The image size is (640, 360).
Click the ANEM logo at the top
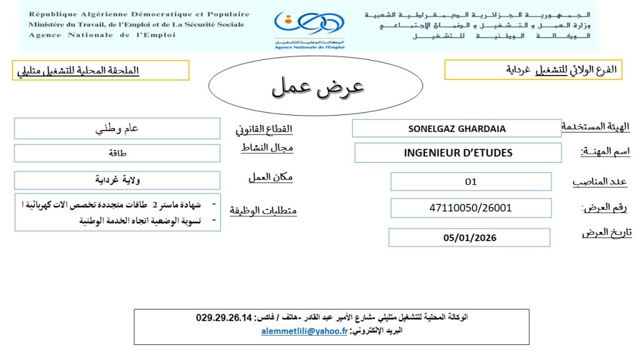coord(309,27)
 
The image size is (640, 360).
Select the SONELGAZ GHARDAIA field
coord(457,129)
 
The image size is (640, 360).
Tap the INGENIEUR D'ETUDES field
coord(458,152)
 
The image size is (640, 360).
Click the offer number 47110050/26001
coord(471,207)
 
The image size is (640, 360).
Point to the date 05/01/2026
coord(469,237)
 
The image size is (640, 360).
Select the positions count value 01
coord(471,182)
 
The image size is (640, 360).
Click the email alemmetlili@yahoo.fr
coord(304,332)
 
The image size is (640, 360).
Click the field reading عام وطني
coord(117,129)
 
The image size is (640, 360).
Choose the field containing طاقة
coord(117,152)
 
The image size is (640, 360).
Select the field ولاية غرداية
coord(117,181)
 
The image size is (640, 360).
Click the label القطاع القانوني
coord(264,130)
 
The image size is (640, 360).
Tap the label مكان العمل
coord(270,177)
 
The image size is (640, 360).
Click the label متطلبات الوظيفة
coord(262,211)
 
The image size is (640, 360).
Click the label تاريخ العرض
coord(606,232)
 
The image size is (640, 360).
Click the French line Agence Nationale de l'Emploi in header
coord(102,36)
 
